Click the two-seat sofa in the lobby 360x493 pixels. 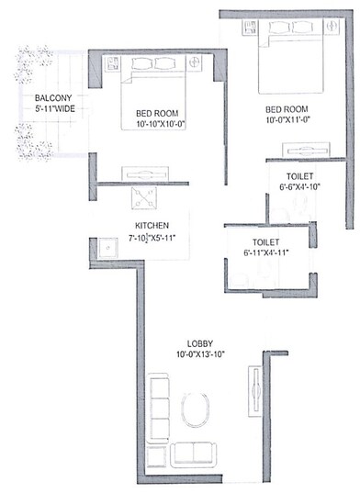click(x=194, y=453)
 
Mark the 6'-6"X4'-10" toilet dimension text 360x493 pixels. click(x=299, y=186)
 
